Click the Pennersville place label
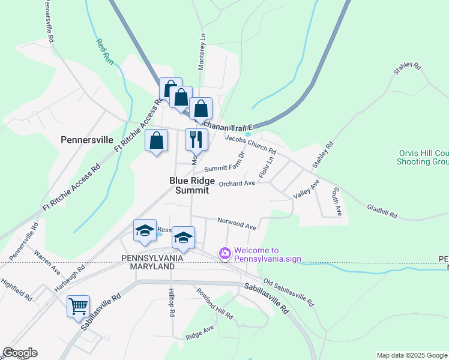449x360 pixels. click(87, 140)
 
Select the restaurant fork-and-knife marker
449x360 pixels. click(196, 140)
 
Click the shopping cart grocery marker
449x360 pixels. click(79, 306)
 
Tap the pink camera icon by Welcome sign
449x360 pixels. click(225, 254)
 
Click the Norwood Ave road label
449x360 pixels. click(237, 223)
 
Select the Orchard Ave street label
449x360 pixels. click(237, 183)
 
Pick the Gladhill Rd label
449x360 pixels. click(382, 211)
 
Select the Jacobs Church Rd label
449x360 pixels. click(250, 144)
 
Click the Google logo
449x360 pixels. click(20, 353)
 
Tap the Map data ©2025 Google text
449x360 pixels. click(411, 355)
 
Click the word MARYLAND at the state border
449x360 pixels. click(148, 266)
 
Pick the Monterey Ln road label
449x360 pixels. click(202, 52)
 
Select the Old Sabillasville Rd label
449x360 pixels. click(289, 292)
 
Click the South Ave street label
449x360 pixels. click(337, 202)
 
